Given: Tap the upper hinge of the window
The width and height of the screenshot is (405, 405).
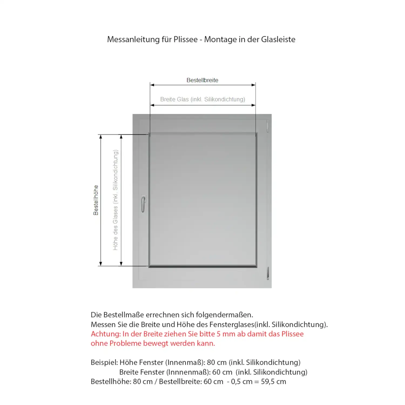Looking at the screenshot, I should [268, 126].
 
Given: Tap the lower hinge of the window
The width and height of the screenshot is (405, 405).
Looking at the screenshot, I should [268, 273].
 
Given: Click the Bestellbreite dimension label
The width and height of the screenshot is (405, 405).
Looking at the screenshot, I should [202, 80].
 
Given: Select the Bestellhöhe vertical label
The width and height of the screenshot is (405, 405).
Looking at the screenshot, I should [96, 200].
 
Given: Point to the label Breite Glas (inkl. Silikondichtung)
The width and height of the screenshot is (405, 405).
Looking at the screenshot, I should [202, 99].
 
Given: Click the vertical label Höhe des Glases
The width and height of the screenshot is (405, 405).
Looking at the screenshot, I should [115, 200].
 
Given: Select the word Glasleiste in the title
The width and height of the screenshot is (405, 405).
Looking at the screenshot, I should [278, 39].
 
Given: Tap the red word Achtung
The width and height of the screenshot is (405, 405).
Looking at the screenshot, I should [106, 334].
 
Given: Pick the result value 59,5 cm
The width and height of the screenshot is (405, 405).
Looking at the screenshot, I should [273, 382].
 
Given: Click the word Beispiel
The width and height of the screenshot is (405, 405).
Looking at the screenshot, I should [104, 362].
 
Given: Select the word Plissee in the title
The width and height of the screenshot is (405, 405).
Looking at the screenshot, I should [185, 39].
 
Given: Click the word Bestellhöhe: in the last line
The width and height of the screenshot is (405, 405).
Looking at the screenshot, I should [111, 382].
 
